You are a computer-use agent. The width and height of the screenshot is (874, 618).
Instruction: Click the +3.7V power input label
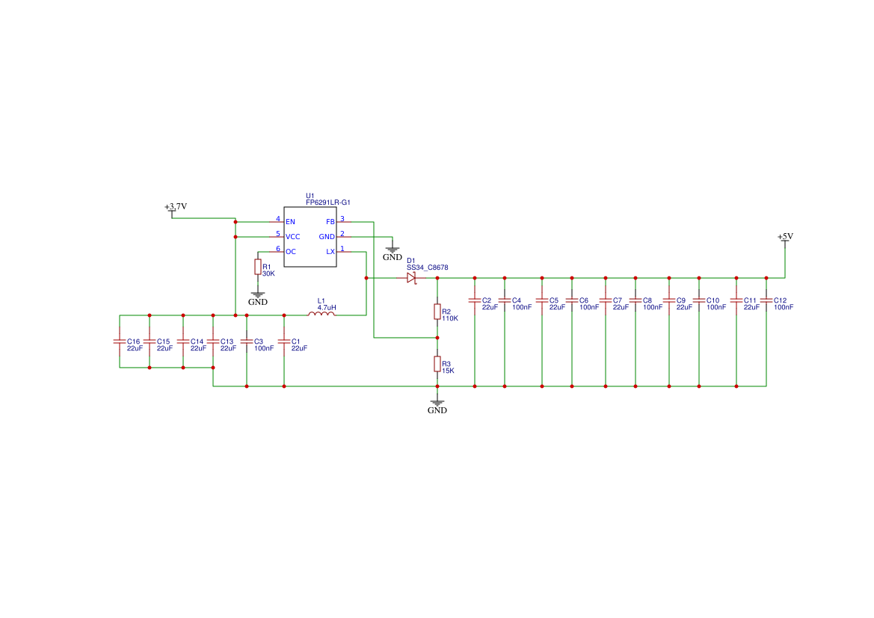click(176, 206)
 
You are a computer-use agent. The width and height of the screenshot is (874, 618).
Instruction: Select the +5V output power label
click(785, 237)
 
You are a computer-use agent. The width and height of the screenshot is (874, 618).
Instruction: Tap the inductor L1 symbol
click(321, 314)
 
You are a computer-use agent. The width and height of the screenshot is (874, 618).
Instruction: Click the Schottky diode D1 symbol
click(411, 278)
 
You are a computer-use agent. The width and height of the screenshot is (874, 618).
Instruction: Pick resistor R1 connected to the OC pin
click(258, 267)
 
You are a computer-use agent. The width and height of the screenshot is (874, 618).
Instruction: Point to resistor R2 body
click(437, 312)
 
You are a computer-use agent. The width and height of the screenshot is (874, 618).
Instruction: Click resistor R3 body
click(437, 364)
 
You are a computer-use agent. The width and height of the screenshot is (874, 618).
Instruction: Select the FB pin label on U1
click(330, 222)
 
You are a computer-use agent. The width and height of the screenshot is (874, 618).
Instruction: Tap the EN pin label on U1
click(290, 222)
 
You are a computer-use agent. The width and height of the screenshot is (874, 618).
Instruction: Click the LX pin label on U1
click(330, 252)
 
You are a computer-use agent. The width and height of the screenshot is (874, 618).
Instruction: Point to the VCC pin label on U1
click(292, 237)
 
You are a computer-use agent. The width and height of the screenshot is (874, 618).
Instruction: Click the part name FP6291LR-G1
click(327, 203)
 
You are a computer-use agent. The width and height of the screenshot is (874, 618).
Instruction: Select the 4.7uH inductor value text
click(327, 307)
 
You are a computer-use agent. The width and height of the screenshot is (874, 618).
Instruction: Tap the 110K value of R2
click(450, 318)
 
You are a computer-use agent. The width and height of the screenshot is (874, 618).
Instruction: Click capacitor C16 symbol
click(120, 342)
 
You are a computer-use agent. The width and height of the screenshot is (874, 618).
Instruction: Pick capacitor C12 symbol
click(766, 300)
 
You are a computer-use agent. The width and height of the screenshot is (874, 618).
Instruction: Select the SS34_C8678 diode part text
click(427, 267)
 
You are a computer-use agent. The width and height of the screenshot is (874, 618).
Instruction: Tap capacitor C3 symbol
click(247, 342)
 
